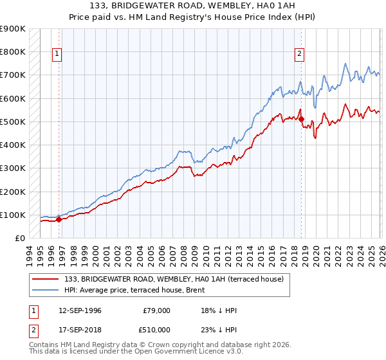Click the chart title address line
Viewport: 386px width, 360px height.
coord(193,6)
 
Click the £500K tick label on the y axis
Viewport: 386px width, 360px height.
coord(13,122)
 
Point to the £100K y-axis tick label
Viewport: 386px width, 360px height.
coord(13,215)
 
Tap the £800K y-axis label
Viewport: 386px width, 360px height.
coord(13,51)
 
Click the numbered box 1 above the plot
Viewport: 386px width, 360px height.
coord(57,55)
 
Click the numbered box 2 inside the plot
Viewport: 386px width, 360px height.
coord(300,55)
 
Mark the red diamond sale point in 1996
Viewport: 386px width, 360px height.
coord(59,219)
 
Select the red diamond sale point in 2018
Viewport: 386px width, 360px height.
coord(302,119)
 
